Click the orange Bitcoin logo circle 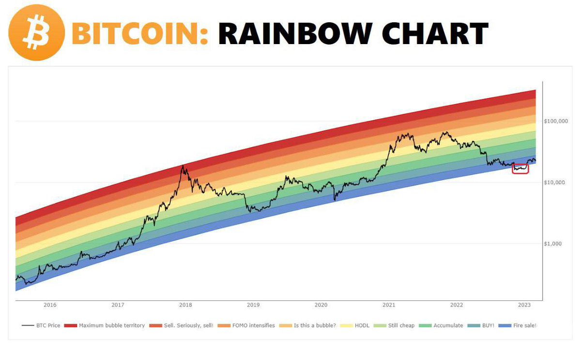click(x=36, y=32)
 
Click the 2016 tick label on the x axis click(x=50, y=305)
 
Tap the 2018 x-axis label click(x=185, y=305)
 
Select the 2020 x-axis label click(x=321, y=305)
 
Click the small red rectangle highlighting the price click(x=520, y=169)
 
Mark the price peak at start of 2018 click(x=183, y=166)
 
